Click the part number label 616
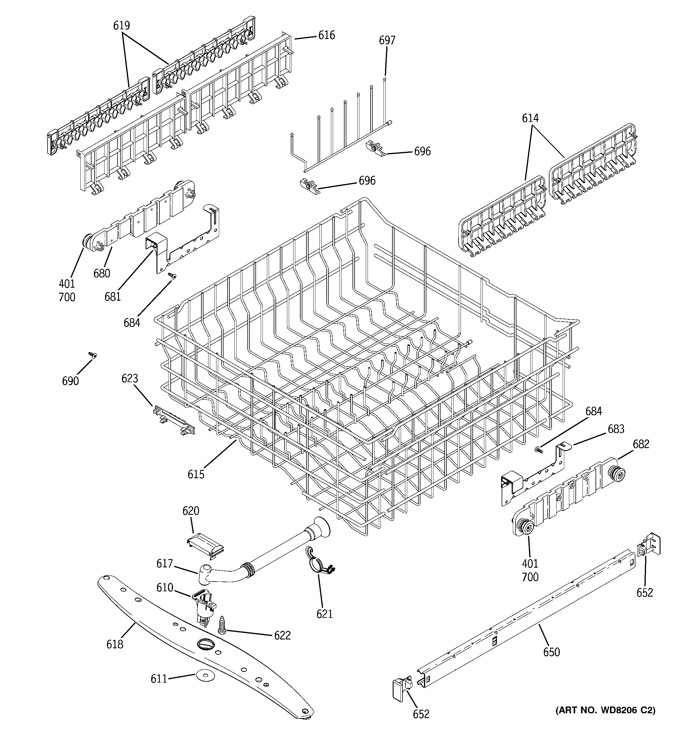[x=327, y=35]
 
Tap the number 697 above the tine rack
[x=387, y=40]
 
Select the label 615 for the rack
[x=196, y=474]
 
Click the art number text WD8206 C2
[x=605, y=710]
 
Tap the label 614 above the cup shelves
[x=530, y=118]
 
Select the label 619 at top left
[x=121, y=25]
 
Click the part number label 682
[x=641, y=444]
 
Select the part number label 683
[x=616, y=429]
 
